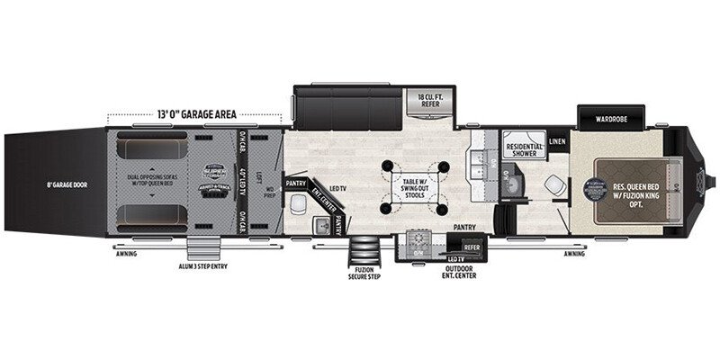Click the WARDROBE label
tap(615, 118)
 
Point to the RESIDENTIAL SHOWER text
tap(524, 149)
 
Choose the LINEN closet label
tap(557, 140)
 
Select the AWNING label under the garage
tap(127, 254)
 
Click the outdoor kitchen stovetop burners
tap(418, 242)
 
